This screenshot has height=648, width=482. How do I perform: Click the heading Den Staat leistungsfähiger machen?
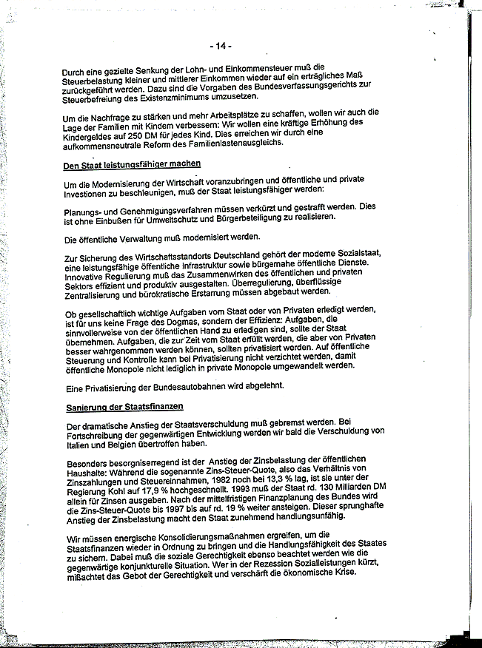tap(133, 164)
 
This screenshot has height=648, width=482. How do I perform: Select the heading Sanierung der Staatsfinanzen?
tap(124, 407)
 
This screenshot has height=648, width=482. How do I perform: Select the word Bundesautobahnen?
tap(186, 386)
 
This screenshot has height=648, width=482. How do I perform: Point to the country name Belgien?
tap(124, 445)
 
